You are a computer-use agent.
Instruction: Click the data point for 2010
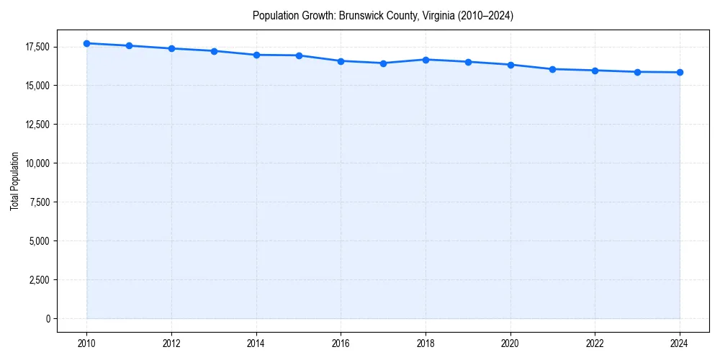(x=86, y=43)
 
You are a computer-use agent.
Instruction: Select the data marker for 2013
(x=214, y=51)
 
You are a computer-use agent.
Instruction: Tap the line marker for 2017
(x=383, y=63)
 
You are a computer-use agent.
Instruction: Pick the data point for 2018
(x=426, y=60)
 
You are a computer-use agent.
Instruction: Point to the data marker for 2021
(x=552, y=69)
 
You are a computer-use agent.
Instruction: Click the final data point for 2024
(x=680, y=72)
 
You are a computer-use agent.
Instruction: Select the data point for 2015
(x=299, y=55)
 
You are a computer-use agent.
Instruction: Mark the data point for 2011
(x=129, y=45)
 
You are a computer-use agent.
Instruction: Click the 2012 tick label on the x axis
(x=171, y=343)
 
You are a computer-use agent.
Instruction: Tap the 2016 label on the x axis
(x=341, y=343)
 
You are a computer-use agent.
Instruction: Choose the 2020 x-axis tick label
(x=510, y=343)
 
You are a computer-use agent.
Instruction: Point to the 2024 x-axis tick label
(x=680, y=343)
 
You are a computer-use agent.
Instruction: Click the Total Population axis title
(x=14, y=181)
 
